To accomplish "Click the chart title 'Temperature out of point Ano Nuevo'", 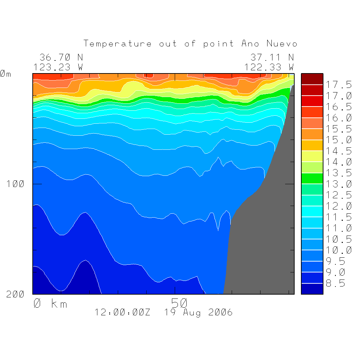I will point(190,44).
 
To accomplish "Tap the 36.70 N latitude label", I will point(61,57).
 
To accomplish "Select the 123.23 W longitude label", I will point(58,67).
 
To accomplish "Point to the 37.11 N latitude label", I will point(272,57).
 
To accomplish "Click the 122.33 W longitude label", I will point(269,67).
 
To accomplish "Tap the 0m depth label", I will point(5,74).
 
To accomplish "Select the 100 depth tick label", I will point(15,184).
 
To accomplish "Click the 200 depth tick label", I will point(15,294).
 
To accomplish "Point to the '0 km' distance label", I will point(50,303).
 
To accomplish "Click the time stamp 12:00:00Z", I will point(122,312).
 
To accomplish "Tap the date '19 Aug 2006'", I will point(198,312).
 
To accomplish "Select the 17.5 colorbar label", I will point(339,85).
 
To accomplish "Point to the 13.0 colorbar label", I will point(339,184).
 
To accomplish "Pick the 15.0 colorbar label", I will point(339,140).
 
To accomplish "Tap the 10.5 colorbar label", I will point(339,239).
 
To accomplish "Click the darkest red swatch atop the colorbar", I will point(312,79).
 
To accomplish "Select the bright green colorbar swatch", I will point(312,178).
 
